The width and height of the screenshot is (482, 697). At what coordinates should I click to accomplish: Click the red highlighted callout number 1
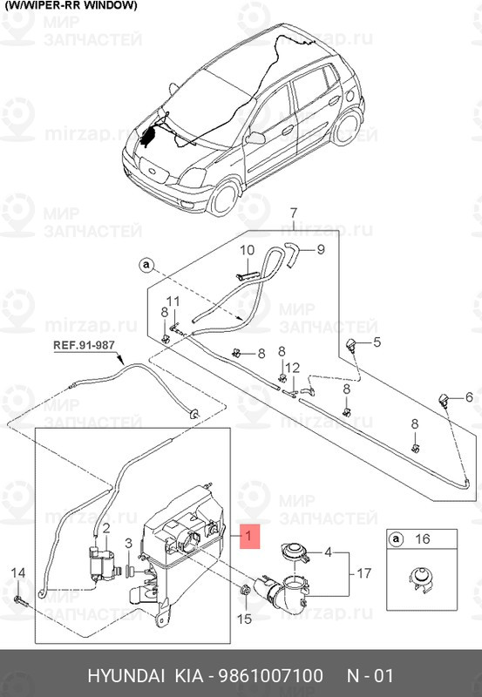tap(251, 536)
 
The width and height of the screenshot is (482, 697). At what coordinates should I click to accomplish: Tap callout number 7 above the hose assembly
tap(294, 213)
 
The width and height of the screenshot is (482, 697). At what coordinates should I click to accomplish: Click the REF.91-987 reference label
tap(84, 346)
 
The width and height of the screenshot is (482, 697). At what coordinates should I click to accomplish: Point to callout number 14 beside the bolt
tap(18, 572)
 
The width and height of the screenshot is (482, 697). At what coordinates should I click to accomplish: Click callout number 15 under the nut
tap(243, 619)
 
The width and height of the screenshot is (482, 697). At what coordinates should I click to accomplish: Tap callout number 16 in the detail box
tap(423, 540)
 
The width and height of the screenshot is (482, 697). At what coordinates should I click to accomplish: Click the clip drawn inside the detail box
tap(422, 579)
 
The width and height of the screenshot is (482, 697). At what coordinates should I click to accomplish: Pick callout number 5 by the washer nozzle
tap(377, 342)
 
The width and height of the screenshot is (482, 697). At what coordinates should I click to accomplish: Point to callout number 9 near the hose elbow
tap(320, 250)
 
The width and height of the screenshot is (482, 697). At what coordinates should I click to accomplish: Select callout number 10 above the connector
tap(246, 250)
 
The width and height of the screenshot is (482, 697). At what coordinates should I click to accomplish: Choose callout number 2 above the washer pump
tap(105, 528)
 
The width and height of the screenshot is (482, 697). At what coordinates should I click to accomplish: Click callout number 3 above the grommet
tap(129, 544)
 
